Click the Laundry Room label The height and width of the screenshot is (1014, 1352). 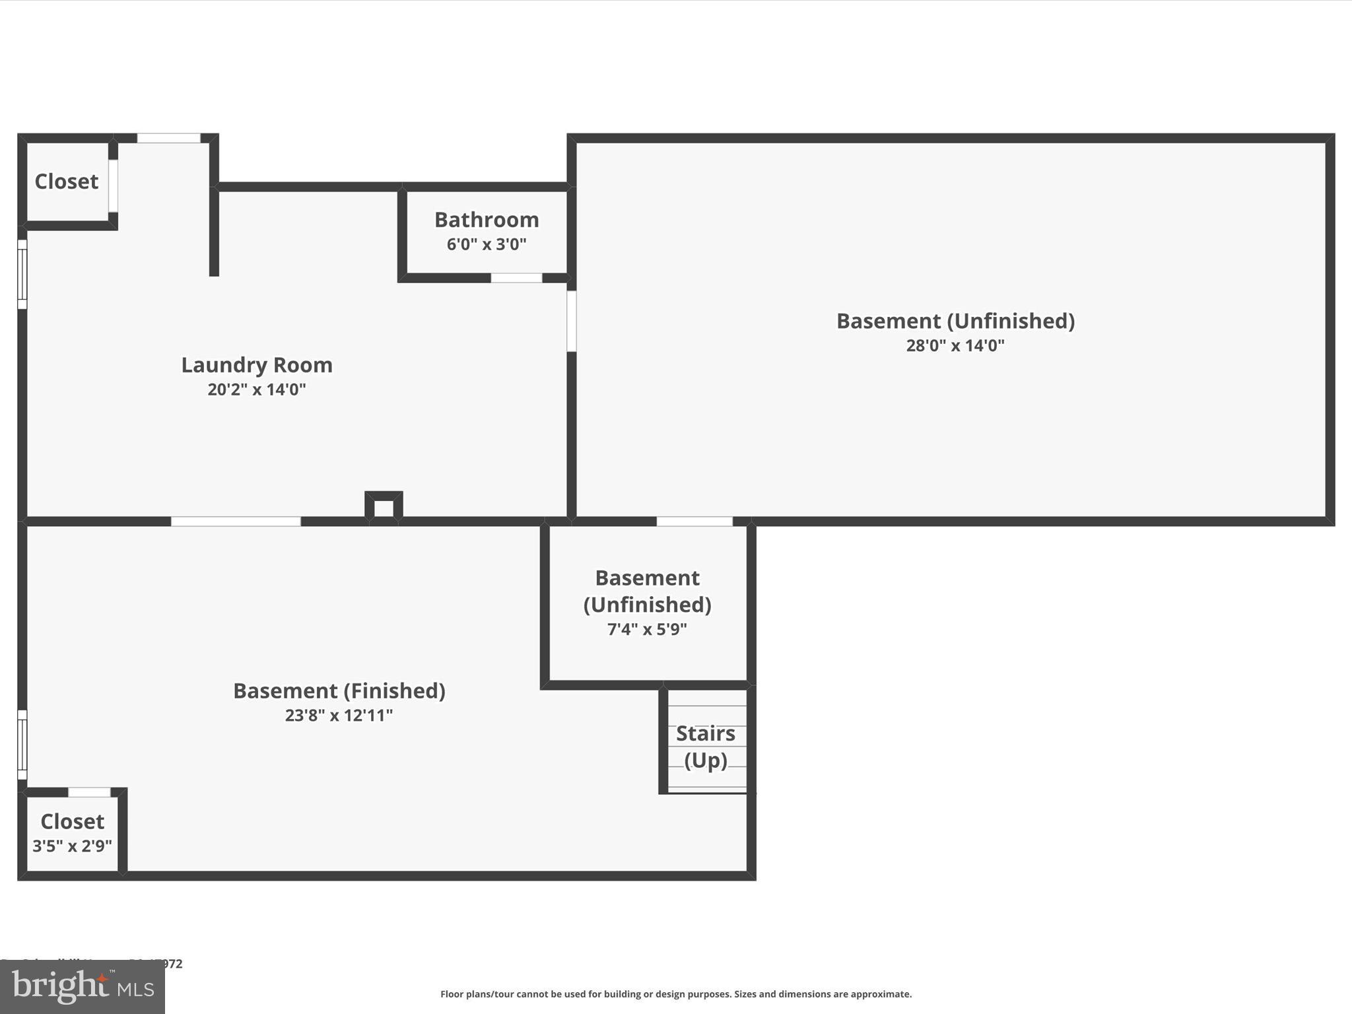(257, 365)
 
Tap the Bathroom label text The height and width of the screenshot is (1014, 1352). (487, 220)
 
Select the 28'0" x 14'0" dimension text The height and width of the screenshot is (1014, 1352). (955, 345)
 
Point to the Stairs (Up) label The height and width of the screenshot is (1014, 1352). (705, 747)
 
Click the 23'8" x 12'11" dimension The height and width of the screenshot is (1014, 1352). (339, 716)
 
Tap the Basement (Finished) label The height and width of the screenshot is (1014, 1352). (339, 691)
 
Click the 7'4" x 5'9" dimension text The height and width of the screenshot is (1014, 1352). (647, 629)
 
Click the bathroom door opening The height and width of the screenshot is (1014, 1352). (516, 278)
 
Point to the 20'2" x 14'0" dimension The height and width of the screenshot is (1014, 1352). (257, 389)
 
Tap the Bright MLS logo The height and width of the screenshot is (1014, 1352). (83, 986)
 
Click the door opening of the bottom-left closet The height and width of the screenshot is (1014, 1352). (89, 792)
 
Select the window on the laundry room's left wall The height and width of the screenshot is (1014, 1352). (22, 274)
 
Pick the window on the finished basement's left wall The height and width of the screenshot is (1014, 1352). (22, 745)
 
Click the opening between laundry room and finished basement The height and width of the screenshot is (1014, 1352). (236, 522)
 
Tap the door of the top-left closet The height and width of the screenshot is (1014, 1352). (113, 186)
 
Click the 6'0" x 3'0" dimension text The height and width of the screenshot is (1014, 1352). (487, 245)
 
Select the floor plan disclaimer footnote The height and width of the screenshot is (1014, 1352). (676, 994)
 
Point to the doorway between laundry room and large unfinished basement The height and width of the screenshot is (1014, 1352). (572, 321)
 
